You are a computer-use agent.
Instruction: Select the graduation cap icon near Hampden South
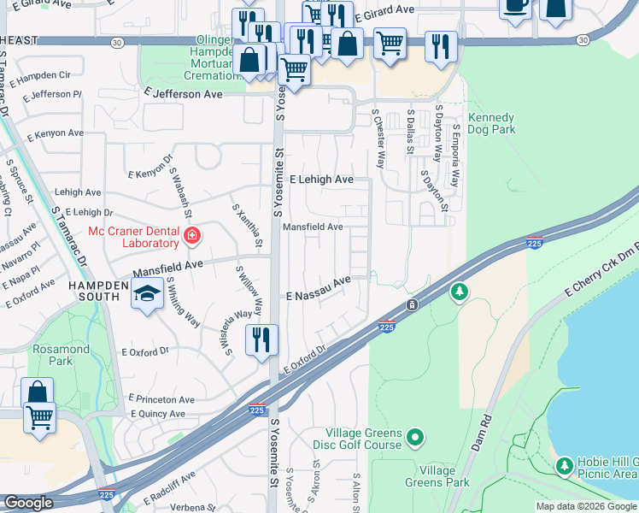tap(147, 295)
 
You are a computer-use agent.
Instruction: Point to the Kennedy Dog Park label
tap(492, 124)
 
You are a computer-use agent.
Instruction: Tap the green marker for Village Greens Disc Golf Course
tap(415, 438)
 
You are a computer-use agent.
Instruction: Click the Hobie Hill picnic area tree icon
tap(563, 465)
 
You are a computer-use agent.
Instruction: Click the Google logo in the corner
tap(28, 503)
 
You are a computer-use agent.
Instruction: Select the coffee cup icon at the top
tap(515, 7)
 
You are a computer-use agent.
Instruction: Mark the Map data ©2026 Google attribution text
tap(586, 506)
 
